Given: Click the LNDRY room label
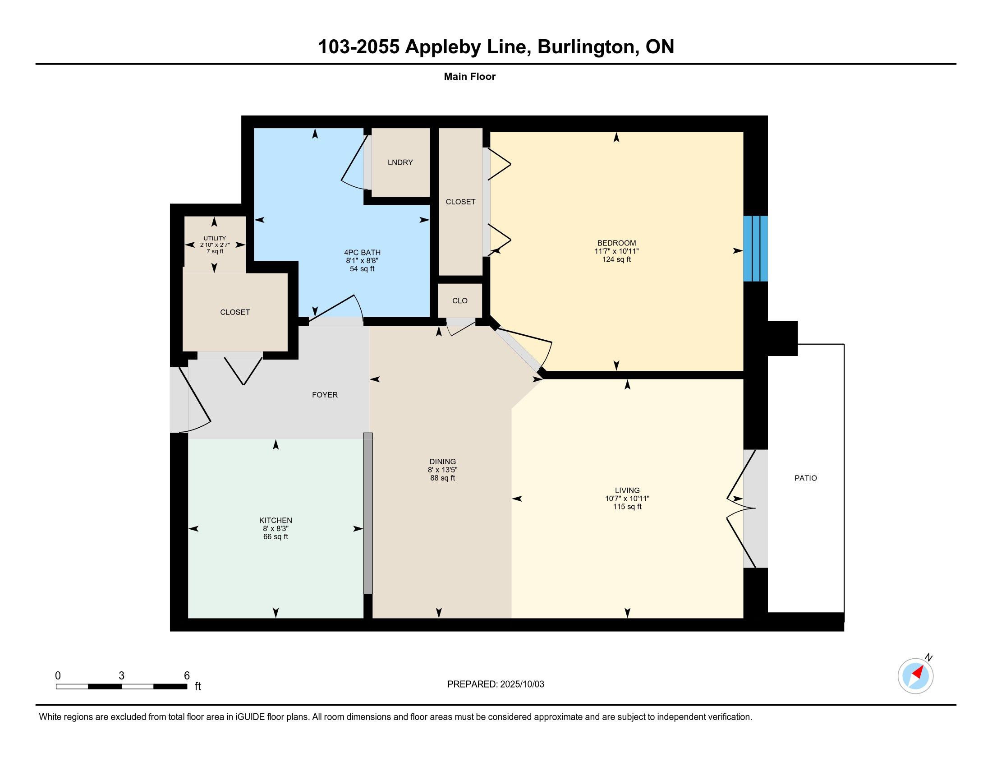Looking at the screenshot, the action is tap(400, 162).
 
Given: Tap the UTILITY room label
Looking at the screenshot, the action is tap(214, 238).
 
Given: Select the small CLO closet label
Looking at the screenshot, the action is tap(459, 300).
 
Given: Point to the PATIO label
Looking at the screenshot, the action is tap(805, 478).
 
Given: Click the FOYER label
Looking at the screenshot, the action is tap(325, 395).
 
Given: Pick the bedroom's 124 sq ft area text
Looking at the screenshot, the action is tap(616, 259).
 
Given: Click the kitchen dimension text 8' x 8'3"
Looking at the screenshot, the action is tap(276, 528).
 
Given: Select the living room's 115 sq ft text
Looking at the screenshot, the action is tap(627, 507).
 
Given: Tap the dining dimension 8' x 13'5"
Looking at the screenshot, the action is tap(442, 470).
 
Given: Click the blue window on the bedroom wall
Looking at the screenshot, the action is tap(755, 249).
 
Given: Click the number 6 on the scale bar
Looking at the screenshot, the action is tap(187, 676).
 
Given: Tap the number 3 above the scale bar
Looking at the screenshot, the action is tap(121, 676).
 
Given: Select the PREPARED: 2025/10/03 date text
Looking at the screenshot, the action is tap(496, 684).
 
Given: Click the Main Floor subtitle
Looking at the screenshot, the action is tap(470, 76).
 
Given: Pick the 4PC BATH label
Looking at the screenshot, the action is tap(362, 253).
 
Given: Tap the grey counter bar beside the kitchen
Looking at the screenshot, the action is tap(368, 513).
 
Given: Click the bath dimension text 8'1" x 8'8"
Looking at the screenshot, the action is tap(362, 261).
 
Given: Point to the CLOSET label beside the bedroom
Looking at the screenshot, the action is tap(460, 202).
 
